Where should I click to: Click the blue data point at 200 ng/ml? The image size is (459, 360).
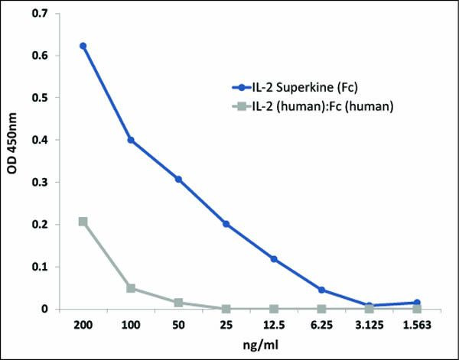pos(83,46)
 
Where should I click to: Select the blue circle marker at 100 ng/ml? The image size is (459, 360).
pos(131,140)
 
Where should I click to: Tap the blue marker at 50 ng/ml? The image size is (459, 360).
pos(178,179)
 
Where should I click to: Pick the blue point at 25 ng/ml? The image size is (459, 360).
pos(226,224)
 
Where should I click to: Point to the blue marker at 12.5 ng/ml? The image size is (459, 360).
pos(274,259)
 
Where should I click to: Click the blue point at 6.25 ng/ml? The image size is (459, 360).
pos(321,290)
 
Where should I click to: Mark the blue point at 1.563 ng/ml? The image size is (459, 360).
pos(417,303)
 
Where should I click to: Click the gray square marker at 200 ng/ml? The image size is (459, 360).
pos(83,222)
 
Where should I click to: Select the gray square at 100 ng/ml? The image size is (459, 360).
pos(131,288)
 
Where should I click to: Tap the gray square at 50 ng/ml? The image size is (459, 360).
pos(178,303)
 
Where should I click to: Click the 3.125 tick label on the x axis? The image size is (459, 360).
pos(369,324)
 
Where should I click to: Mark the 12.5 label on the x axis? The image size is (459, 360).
pos(274,324)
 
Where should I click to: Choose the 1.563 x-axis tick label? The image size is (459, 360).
pos(417,324)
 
